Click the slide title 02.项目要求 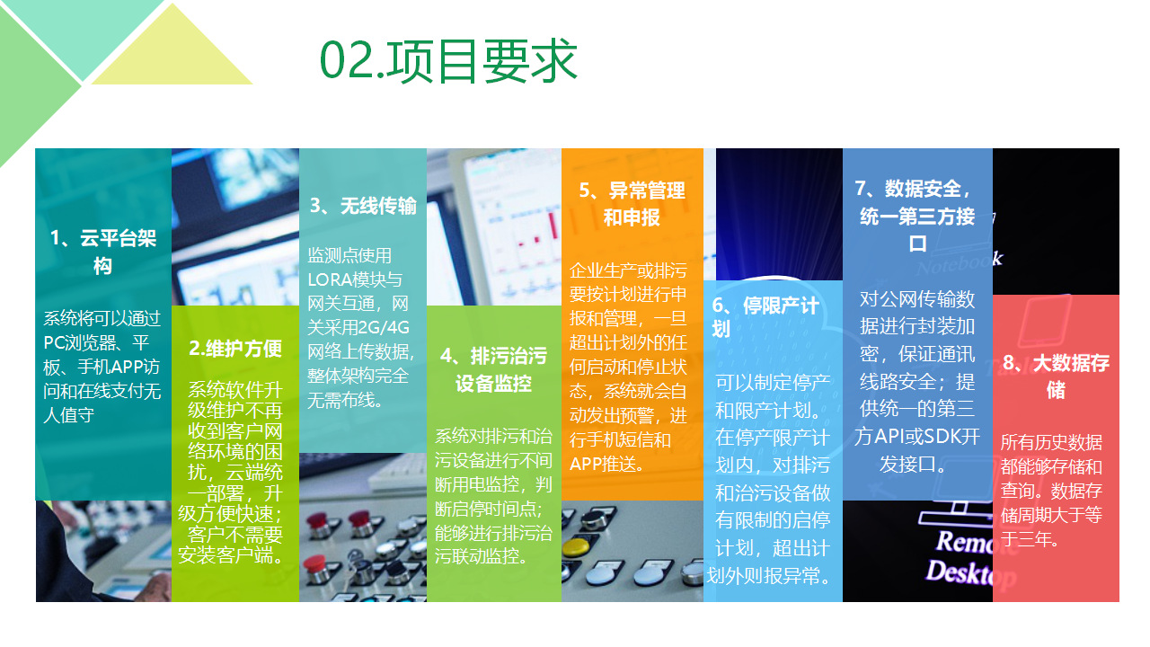(x=448, y=61)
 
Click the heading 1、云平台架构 (x=102, y=252)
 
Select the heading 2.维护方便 (x=235, y=348)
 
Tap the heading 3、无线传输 (x=363, y=206)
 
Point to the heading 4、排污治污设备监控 (x=493, y=369)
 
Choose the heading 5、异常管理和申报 (x=632, y=204)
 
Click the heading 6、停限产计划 (x=765, y=317)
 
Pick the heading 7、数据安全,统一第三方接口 (x=917, y=216)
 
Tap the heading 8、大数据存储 (x=1056, y=377)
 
